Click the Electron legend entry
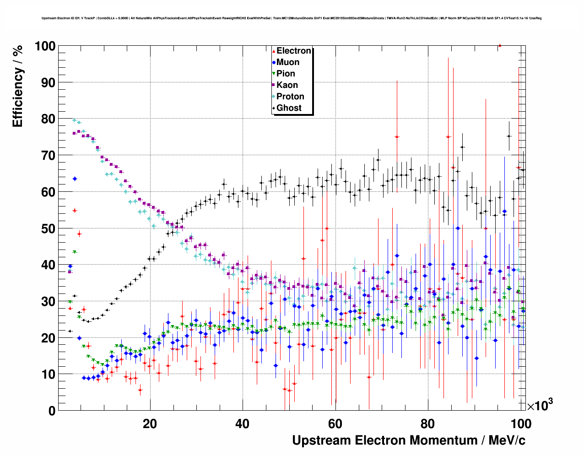click(x=293, y=51)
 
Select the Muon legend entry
click(x=287, y=62)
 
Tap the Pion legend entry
click(x=286, y=74)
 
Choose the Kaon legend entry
click(x=287, y=85)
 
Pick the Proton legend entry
click(x=290, y=97)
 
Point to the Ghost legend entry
click(x=289, y=108)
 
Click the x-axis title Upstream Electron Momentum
click(x=409, y=440)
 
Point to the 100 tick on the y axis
click(x=44, y=46)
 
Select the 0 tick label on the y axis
click(x=52, y=411)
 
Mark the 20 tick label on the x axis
click(x=150, y=423)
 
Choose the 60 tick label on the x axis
click(x=335, y=423)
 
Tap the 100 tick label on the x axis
click(x=521, y=423)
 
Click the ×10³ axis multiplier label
click(x=540, y=405)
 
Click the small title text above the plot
click(x=292, y=18)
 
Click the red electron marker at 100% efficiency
click(x=500, y=46)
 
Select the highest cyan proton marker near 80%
click(x=75, y=120)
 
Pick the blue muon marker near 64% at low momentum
click(x=75, y=179)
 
